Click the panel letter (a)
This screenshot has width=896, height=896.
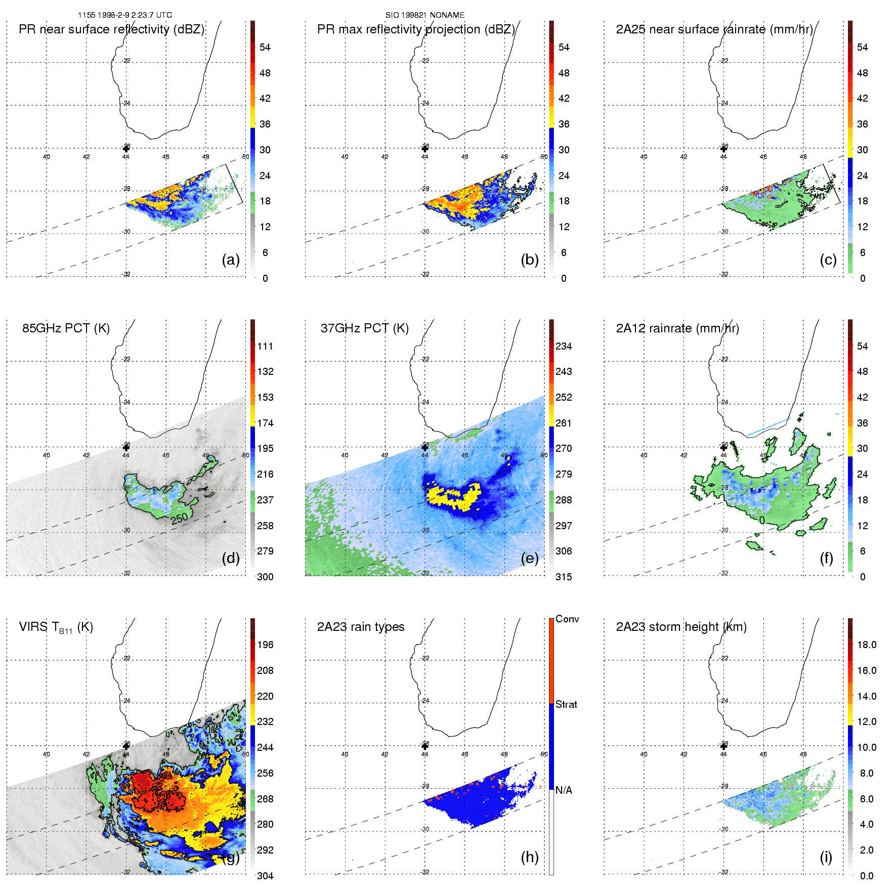231,260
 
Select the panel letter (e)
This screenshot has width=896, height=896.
530,558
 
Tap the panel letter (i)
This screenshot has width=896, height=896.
826,857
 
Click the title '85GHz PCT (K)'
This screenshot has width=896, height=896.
66,328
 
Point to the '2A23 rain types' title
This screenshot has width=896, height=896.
361,627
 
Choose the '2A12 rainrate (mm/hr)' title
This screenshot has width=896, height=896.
677,328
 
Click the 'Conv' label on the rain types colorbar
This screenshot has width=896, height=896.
567,619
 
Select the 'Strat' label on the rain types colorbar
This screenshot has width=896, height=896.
566,704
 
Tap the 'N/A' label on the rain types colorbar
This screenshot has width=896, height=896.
564,790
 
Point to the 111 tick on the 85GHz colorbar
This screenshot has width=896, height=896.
265,346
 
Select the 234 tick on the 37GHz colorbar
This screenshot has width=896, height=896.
564,346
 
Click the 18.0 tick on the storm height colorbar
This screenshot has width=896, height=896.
867,645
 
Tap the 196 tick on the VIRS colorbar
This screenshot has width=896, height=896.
265,645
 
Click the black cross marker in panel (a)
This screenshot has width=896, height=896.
126,148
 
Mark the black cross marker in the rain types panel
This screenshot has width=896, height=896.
425,746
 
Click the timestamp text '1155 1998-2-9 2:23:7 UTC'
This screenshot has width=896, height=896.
125,15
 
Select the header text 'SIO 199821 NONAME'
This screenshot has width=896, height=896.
425,15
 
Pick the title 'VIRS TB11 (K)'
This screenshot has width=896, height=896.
56,627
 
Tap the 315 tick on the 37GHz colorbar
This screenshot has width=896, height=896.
564,577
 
